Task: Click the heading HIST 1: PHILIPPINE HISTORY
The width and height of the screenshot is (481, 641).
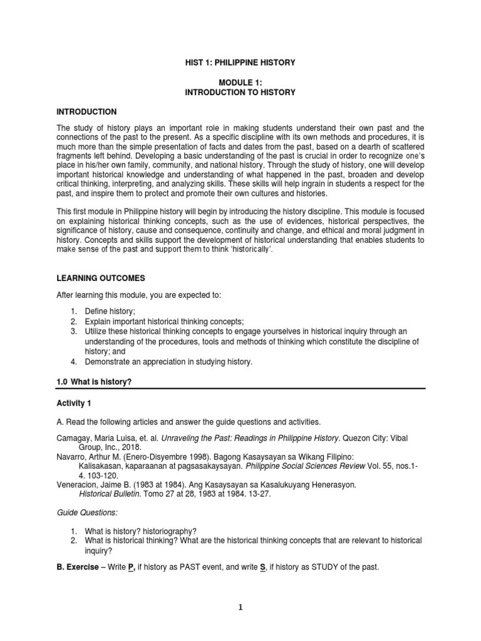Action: [240, 63]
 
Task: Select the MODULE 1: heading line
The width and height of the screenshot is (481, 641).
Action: [240, 83]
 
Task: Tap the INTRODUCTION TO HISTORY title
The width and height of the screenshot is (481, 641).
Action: [240, 92]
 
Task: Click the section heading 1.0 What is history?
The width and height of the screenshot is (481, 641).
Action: [94, 382]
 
